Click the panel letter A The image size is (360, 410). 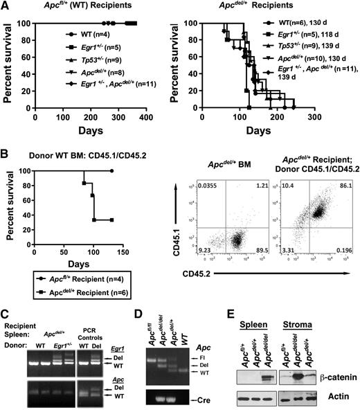[6, 6]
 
